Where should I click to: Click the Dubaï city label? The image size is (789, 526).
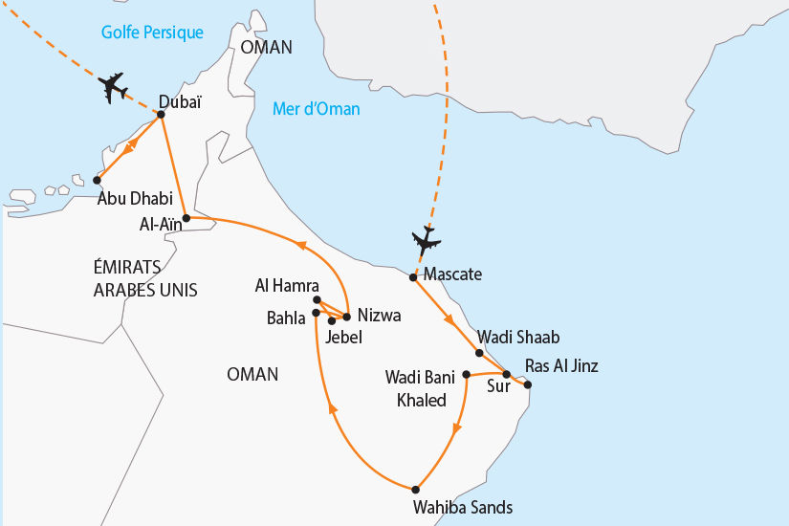(x=180, y=101)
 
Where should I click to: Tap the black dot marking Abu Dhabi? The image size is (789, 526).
(x=97, y=180)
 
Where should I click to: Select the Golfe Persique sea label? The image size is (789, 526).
(x=153, y=33)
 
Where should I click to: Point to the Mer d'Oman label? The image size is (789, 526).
(x=316, y=109)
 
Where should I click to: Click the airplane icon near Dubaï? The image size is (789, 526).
(x=114, y=87)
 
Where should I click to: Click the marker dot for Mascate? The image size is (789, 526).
(x=413, y=277)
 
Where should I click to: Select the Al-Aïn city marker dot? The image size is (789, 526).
(x=186, y=219)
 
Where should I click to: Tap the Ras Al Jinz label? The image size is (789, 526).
(x=561, y=364)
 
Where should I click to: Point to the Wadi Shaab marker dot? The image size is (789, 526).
(x=479, y=353)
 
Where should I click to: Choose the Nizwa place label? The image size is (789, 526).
(x=379, y=316)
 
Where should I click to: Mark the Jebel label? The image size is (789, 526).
(x=345, y=337)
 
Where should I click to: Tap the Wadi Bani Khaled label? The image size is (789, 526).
(x=415, y=387)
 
